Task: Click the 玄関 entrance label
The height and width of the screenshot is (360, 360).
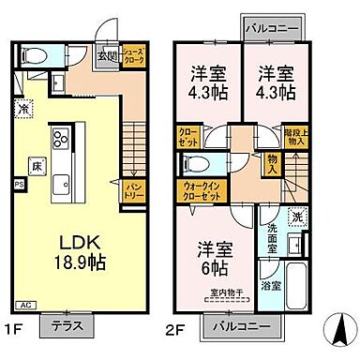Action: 110,53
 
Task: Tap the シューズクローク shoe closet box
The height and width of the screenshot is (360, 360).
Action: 132,56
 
